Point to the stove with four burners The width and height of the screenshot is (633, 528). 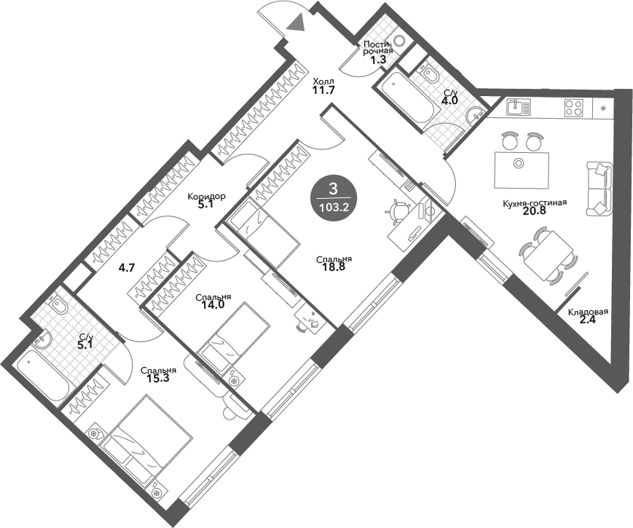click(573, 109)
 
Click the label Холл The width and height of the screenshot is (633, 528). click(323, 82)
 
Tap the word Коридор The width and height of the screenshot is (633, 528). click(206, 197)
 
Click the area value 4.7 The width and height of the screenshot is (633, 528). click(127, 267)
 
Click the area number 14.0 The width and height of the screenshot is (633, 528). click(213, 306)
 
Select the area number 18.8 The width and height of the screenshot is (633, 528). click(334, 268)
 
